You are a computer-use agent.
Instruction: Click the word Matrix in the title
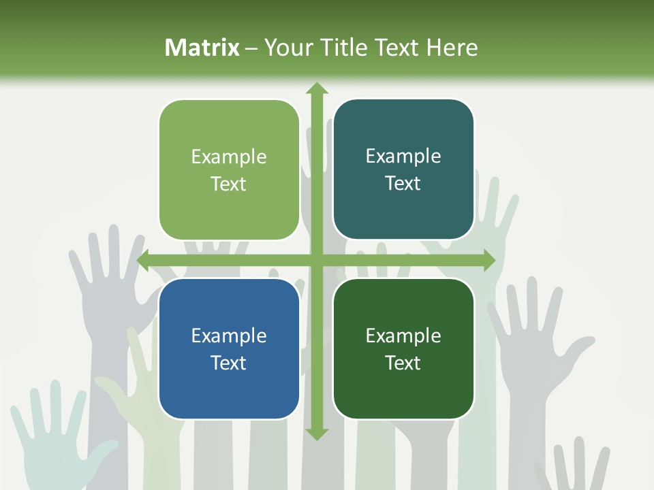pyautogui.click(x=202, y=48)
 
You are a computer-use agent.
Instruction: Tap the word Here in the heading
pyautogui.click(x=452, y=48)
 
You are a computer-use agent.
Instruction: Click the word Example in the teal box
pyautogui.click(x=403, y=157)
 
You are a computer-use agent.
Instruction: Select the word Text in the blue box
pyautogui.click(x=229, y=363)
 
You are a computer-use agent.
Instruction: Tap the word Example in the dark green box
pyautogui.click(x=403, y=336)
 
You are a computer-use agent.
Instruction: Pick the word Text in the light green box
pyautogui.click(x=229, y=184)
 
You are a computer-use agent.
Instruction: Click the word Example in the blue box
pyautogui.click(x=229, y=336)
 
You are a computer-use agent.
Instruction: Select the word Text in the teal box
pyautogui.click(x=403, y=184)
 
